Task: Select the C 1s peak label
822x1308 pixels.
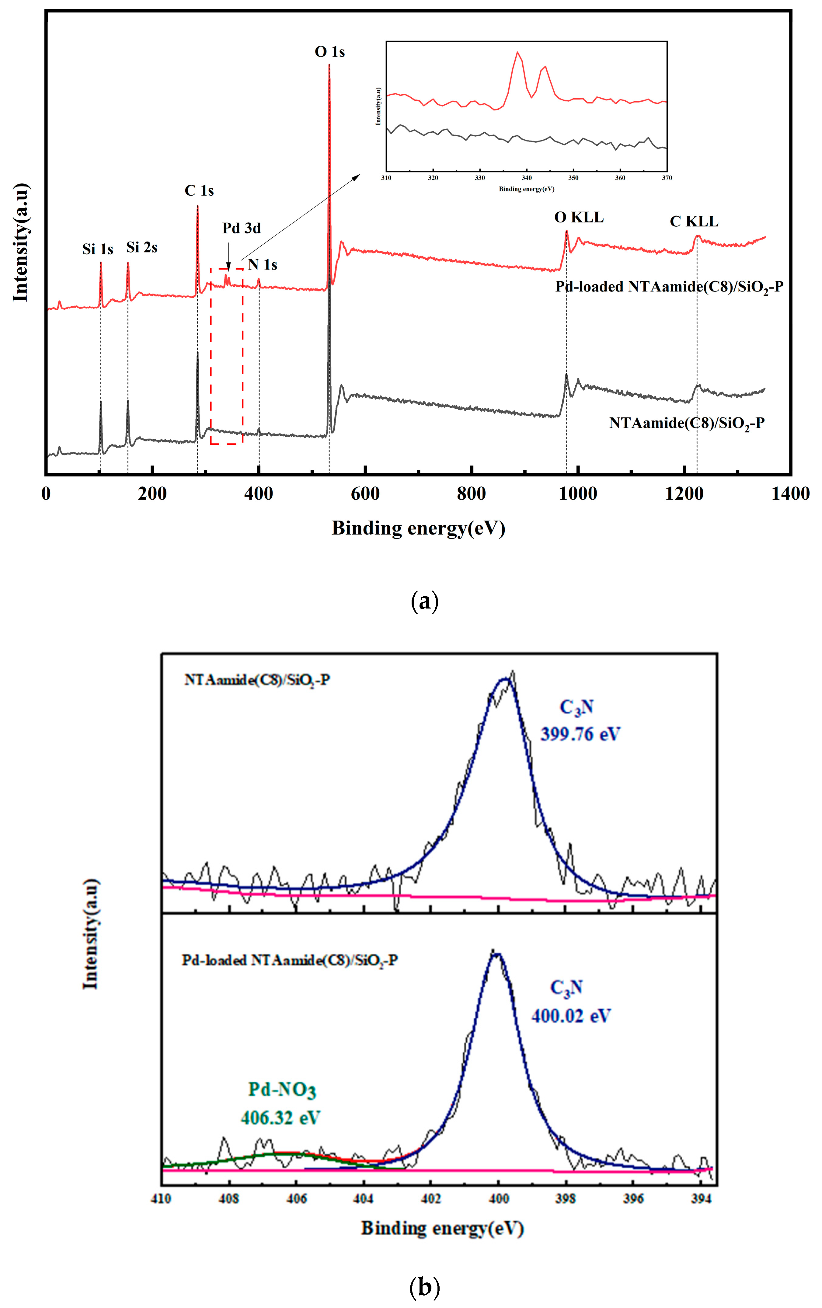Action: click(199, 191)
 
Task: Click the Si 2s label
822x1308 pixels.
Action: click(142, 248)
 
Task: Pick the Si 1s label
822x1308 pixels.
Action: click(98, 249)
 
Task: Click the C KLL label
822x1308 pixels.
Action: click(694, 221)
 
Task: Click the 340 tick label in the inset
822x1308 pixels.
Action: click(526, 178)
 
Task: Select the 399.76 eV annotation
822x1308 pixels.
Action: click(580, 734)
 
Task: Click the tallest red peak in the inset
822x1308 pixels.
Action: click(518, 53)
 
